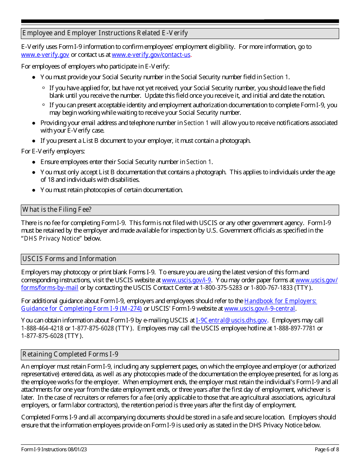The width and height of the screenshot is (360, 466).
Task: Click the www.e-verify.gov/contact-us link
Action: pyautogui.click(x=151, y=55)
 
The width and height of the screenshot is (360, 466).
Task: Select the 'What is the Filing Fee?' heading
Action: pyautogui.click(x=57, y=210)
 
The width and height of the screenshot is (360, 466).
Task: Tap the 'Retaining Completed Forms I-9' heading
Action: pyautogui.click(x=70, y=354)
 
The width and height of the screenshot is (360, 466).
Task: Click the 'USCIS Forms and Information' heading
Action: pyautogui.click(x=69, y=259)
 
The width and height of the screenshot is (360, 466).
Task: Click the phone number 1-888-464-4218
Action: pyautogui.click(x=42, y=328)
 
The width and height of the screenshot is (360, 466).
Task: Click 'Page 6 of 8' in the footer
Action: pyautogui.click(x=327, y=450)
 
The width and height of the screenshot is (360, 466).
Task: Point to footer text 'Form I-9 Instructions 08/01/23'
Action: pyautogui.click(x=54, y=450)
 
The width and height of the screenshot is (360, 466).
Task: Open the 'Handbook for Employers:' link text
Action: pyautogui.click(x=280, y=301)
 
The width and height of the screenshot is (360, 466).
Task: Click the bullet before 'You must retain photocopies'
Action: pyautogui.click(x=34, y=190)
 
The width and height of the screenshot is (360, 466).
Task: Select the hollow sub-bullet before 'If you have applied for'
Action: pyautogui.click(x=44, y=88)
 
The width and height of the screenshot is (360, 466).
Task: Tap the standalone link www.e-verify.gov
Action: pyautogui.click(x=45, y=55)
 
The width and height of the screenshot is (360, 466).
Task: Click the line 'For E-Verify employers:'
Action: pyautogui.click(x=53, y=152)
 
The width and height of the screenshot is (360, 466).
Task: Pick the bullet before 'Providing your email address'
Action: pyautogui.click(x=34, y=123)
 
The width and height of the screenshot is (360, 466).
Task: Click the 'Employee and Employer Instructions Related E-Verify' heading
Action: pyautogui.click(x=105, y=33)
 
